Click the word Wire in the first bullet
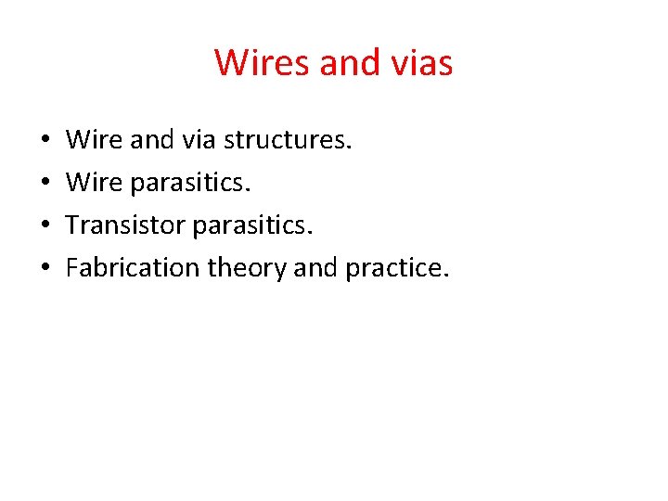pos(94,141)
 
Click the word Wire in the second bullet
pos(94,184)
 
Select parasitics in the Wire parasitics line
pos(190,184)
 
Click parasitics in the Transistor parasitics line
pos(250,226)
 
